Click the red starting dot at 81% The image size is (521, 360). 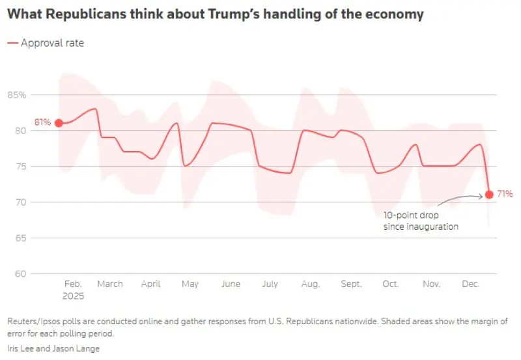coord(59,122)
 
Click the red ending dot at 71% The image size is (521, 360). coord(489,194)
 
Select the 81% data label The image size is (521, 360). coord(43,122)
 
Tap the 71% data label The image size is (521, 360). coord(505,194)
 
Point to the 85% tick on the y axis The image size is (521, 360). coord(17,95)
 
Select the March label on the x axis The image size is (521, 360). coord(110,284)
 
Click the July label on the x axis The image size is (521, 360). coord(270,284)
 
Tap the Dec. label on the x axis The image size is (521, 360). coord(470,284)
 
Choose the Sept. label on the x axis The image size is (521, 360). coord(352,284)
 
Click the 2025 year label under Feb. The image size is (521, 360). coord(73,296)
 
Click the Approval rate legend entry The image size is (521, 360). coord(52,43)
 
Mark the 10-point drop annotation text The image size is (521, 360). coord(421,221)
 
